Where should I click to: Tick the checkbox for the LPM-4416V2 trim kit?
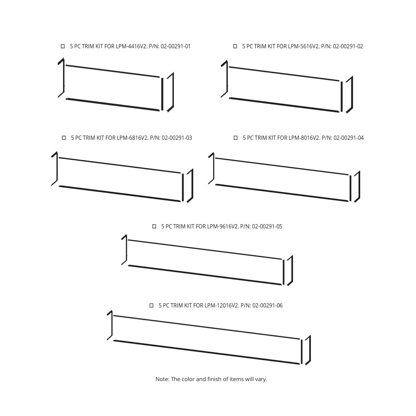[x=63, y=47]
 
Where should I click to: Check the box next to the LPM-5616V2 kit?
[x=235, y=47]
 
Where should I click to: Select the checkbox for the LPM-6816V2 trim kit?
[x=64, y=138]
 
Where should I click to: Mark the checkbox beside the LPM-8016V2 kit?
[x=235, y=138]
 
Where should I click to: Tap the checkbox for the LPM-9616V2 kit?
[x=154, y=227]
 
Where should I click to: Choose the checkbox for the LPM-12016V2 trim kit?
[x=151, y=306]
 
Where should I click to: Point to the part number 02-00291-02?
[x=348, y=47]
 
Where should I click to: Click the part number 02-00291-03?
[x=177, y=138]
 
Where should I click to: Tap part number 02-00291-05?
[x=267, y=227]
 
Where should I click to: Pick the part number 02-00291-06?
[x=267, y=306]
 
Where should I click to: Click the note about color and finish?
[x=211, y=379]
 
